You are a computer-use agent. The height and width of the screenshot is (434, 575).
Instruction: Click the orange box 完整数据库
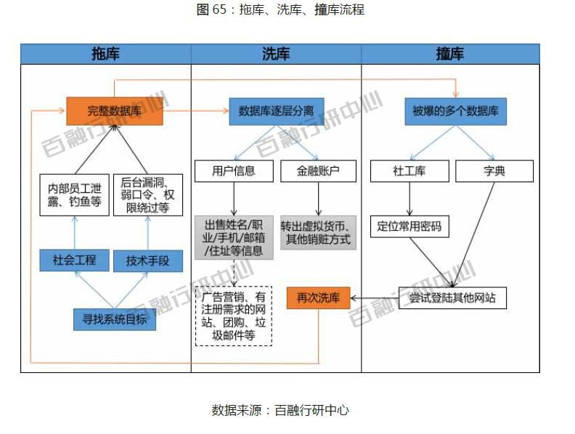tap(114, 111)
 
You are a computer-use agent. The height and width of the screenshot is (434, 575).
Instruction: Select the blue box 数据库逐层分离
tap(276, 111)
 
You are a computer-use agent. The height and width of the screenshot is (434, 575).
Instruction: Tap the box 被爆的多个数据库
tap(454, 111)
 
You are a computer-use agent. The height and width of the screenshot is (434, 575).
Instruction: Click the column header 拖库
tap(106, 54)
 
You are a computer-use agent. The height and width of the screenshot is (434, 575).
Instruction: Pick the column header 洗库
tap(276, 54)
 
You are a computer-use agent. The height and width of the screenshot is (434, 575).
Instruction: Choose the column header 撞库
tap(450, 54)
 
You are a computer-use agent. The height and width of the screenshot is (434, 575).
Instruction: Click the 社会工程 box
tap(74, 260)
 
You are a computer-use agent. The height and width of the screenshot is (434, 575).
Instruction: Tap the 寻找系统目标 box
tap(114, 319)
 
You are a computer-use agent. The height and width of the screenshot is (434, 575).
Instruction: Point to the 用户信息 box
tap(234, 171)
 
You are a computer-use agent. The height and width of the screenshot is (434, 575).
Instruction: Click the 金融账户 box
tap(318, 171)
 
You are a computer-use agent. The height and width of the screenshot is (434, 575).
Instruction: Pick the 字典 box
tap(494, 171)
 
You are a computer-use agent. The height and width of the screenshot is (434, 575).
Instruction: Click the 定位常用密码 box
tap(409, 226)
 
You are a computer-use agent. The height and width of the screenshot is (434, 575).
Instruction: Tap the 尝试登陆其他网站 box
tap(452, 298)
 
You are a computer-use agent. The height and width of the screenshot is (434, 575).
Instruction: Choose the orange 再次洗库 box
tap(318, 298)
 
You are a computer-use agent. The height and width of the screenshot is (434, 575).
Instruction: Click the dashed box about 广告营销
tap(233, 316)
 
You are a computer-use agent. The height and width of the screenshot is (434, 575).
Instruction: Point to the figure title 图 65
tap(280, 9)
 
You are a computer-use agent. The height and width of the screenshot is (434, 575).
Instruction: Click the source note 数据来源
tap(280, 410)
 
